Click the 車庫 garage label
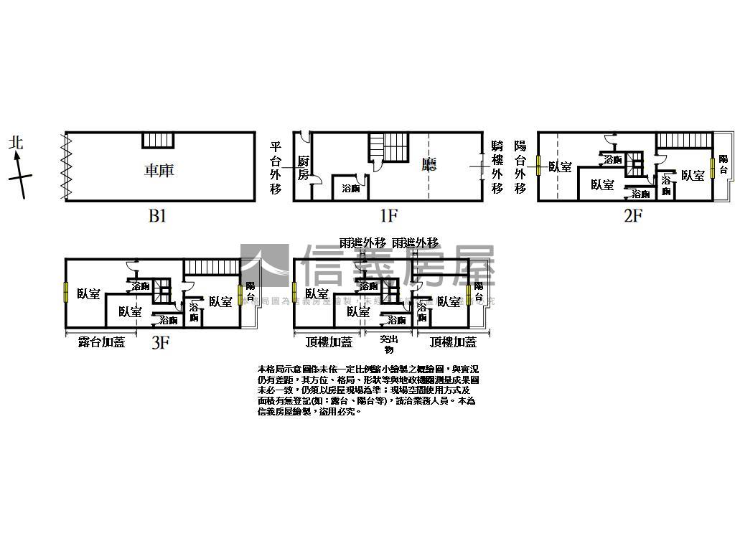pos(159,170)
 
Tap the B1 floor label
pos(157,215)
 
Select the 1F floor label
pos(388,215)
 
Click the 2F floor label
pos(632,215)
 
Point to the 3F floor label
pos(160,342)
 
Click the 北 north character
pos(16,142)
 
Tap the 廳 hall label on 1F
pos(429,164)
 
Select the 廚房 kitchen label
pos(304,168)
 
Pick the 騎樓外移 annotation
pos(497,166)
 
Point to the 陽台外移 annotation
pos(520,166)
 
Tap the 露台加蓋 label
pos(101,342)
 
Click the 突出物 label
pos(388,344)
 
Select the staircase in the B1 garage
pos(158,140)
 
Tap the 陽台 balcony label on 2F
pos(723,164)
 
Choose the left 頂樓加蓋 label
pos(329,342)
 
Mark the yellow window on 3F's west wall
pos(65,293)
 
